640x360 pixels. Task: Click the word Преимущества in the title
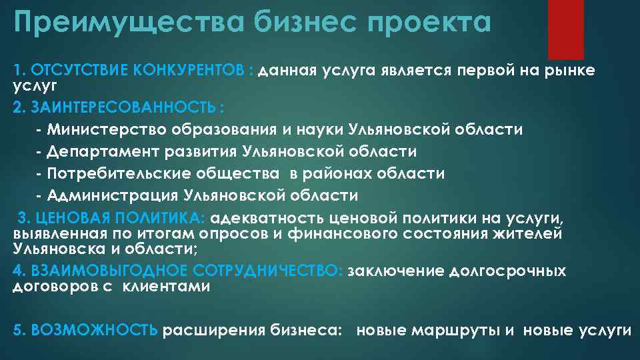pos(127,24)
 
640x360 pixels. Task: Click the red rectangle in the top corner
pos(565,29)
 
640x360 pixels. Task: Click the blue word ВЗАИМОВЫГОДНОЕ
pos(99,271)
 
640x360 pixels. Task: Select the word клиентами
pos(167,287)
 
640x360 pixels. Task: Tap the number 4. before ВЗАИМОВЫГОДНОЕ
pos(18,271)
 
